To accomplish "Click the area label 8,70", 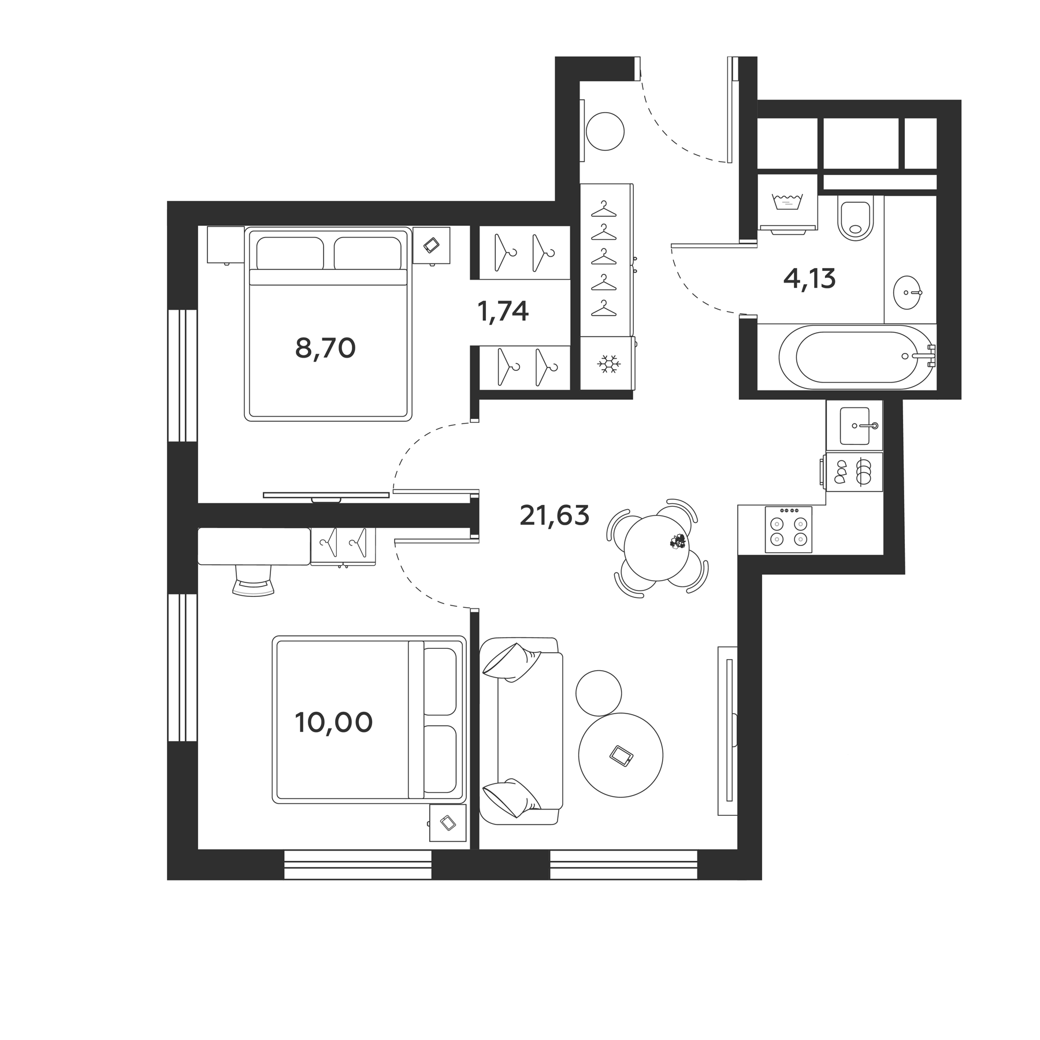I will [x=325, y=348].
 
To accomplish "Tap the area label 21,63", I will [x=554, y=515].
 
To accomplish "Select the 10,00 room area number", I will [x=333, y=722].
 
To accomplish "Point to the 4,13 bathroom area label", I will [x=809, y=279].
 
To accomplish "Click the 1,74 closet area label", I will [x=503, y=311].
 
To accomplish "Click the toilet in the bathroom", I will [x=855, y=219].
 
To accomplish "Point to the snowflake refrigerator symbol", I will [x=607, y=364].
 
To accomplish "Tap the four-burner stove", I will [x=788, y=530].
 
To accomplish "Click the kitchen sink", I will [x=855, y=426].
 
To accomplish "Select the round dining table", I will [x=656, y=546].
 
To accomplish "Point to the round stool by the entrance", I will [x=605, y=131].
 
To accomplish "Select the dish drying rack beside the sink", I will [x=854, y=471].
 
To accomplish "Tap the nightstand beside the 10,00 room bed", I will [x=447, y=822].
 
